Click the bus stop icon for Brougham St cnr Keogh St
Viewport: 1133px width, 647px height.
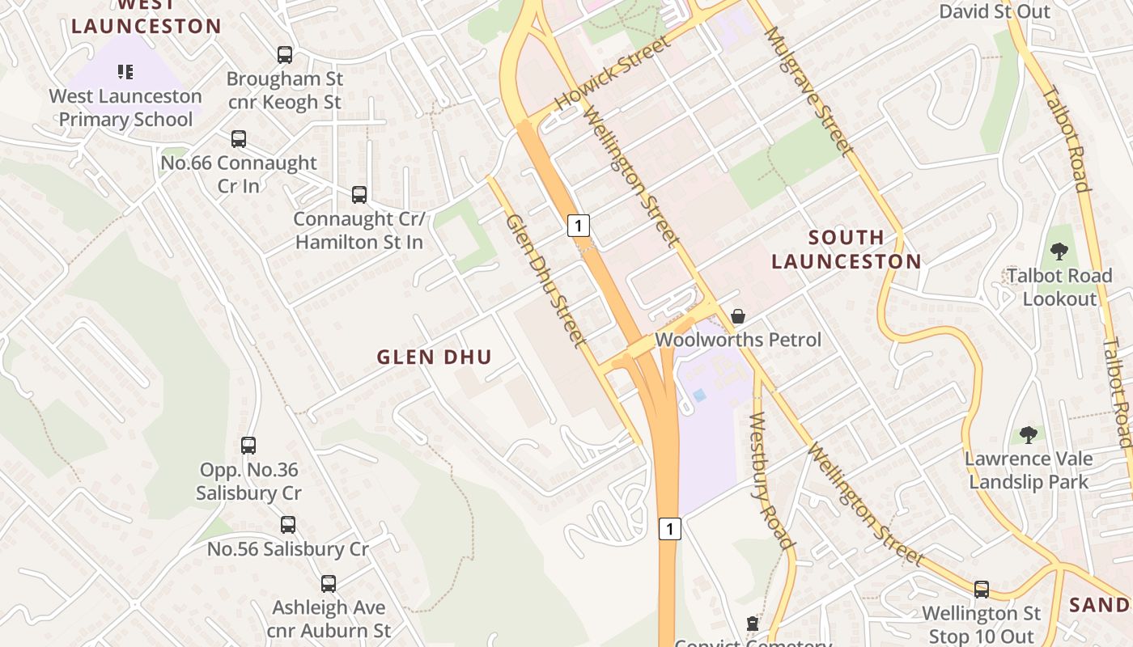pos(285,55)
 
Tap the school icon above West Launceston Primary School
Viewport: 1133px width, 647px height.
pos(125,72)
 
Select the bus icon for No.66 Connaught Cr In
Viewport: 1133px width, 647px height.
pos(239,139)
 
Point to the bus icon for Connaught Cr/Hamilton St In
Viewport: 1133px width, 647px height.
pos(359,195)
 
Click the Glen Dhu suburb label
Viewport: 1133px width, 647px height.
pos(435,357)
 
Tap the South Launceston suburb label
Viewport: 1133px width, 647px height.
pos(846,249)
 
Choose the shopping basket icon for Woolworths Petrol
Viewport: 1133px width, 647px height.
pos(738,316)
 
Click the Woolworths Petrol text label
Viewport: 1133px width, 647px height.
pos(738,340)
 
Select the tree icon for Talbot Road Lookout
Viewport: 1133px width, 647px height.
pos(1059,252)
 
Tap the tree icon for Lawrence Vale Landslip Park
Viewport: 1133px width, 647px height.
pos(1029,435)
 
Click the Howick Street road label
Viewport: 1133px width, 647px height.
pos(613,74)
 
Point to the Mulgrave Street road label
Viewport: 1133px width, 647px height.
pos(808,91)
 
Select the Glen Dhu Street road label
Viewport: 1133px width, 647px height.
pos(545,281)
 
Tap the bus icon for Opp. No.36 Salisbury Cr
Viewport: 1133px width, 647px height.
pos(248,446)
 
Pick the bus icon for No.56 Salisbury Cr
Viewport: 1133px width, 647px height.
pos(288,525)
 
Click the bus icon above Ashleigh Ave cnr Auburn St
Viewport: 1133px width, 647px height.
pos(329,584)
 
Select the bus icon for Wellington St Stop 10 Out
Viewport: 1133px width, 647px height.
pos(982,590)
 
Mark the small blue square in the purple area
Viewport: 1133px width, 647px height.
pos(698,395)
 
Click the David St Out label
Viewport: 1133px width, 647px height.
pos(995,11)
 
